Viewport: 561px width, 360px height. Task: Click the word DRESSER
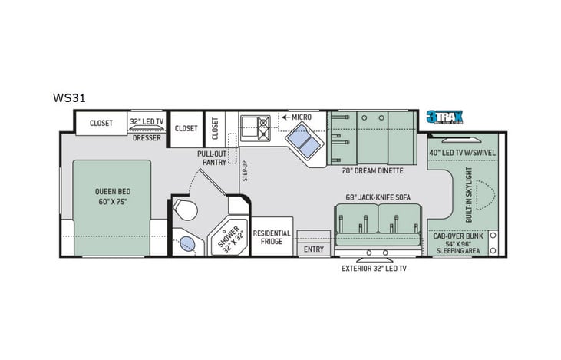pos(147,138)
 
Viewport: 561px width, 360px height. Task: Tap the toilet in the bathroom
pos(184,210)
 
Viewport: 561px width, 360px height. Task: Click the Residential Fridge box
pos(272,236)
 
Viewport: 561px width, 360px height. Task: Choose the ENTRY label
pos(313,249)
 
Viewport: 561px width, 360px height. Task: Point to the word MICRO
pos(299,117)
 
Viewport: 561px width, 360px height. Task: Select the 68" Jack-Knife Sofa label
pos(378,197)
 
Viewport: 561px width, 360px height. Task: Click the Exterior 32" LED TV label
pos(375,269)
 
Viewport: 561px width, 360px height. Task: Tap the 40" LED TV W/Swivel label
pos(463,151)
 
